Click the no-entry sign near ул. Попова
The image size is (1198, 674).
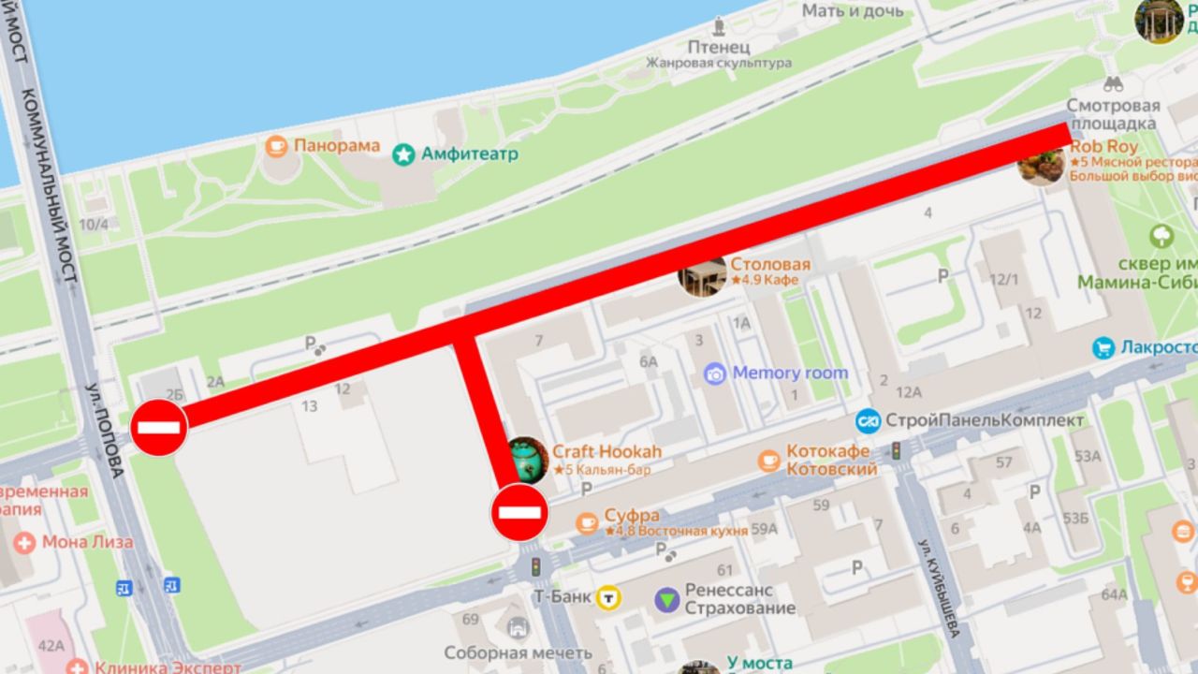click(158, 428)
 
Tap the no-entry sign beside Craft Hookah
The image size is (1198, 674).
click(519, 512)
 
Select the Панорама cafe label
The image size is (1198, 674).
click(336, 146)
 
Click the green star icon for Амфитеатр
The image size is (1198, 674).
click(403, 154)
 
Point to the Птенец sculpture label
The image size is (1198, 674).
click(719, 46)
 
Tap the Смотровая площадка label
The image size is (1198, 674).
click(1113, 114)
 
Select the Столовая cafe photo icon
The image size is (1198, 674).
click(702, 274)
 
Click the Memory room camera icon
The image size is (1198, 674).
click(715, 374)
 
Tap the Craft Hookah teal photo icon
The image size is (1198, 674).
click(526, 459)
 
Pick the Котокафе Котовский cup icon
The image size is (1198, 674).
click(768, 460)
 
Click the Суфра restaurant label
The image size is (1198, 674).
click(632, 516)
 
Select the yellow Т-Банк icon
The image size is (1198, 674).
click(610, 597)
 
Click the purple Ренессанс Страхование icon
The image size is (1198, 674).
click(666, 599)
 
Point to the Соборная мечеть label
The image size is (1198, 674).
click(505, 653)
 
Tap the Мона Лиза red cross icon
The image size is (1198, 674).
click(24, 543)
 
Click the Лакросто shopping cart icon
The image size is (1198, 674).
click(1103, 348)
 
